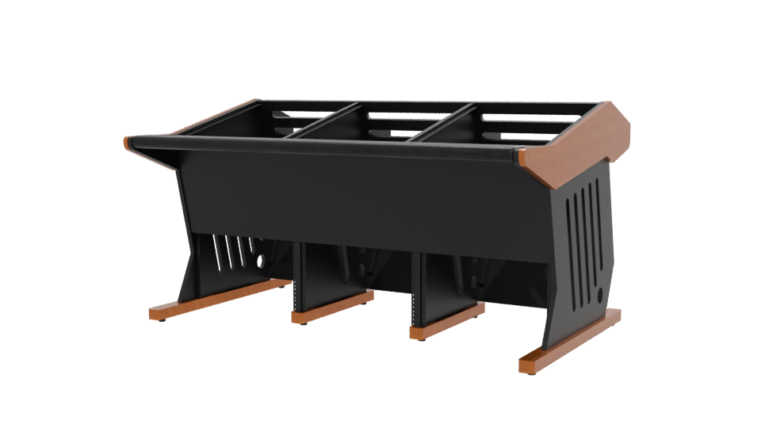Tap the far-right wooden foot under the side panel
569,341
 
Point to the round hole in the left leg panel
262,260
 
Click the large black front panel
357,198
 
